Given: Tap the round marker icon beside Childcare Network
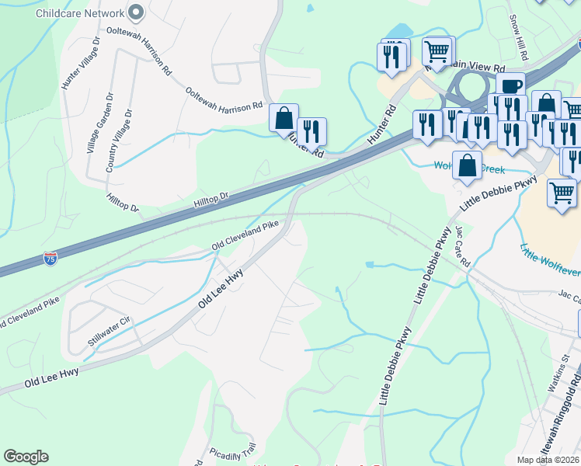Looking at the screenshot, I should point(137,12).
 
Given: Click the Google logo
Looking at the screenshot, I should point(26,457).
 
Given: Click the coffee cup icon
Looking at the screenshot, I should point(510,85).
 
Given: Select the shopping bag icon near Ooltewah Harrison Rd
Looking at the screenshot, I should point(284,119).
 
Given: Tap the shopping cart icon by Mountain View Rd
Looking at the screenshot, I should point(438,51).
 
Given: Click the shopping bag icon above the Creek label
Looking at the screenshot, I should point(467,165).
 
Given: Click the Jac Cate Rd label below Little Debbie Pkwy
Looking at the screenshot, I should point(464,246).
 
